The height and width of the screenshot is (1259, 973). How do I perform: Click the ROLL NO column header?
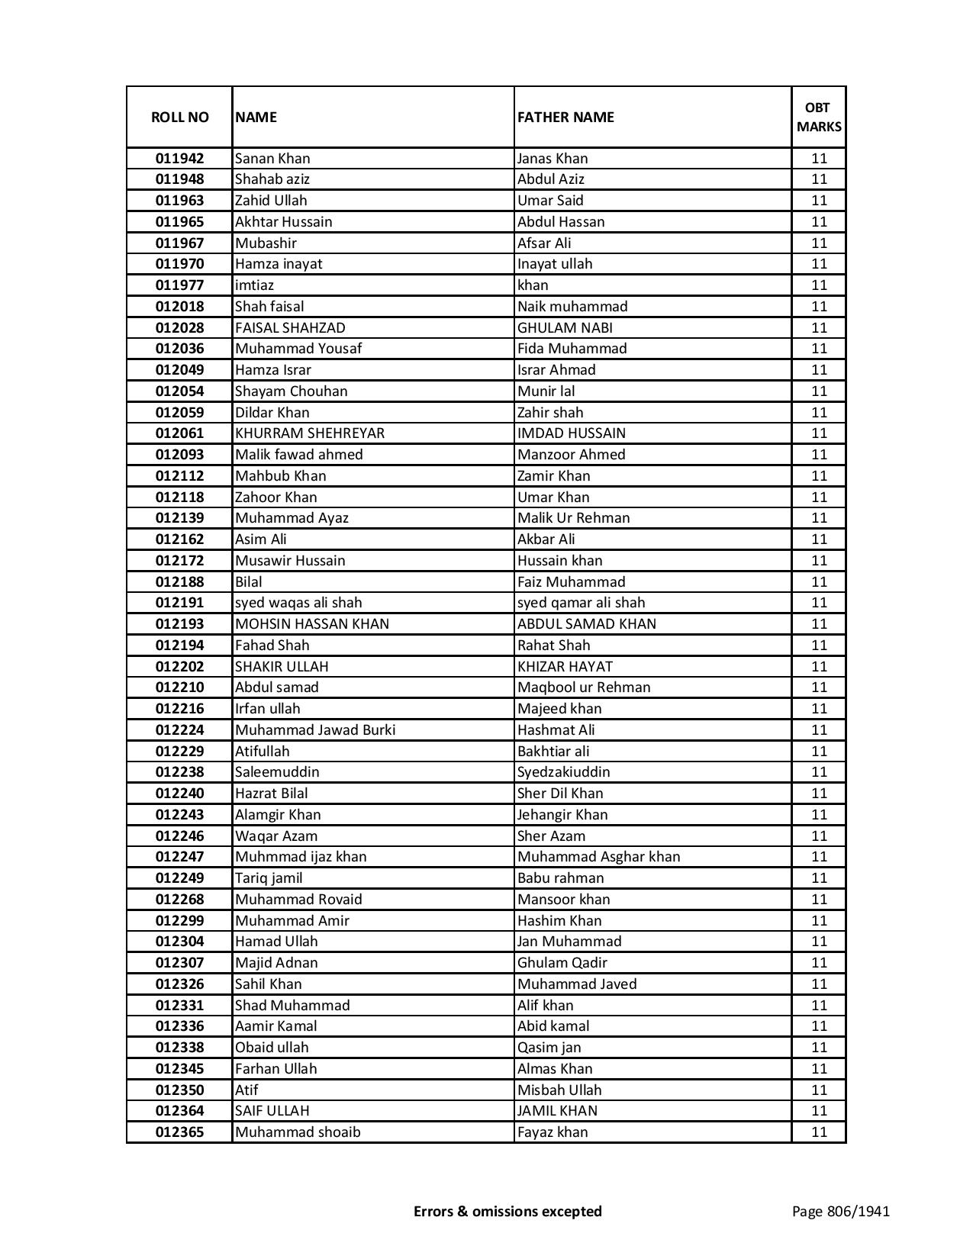(179, 117)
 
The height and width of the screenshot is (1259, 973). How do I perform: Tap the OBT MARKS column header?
(819, 117)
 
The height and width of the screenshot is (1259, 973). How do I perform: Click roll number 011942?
(179, 159)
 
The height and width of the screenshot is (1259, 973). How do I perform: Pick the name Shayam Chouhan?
(291, 391)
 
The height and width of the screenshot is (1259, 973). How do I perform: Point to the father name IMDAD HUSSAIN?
(571, 433)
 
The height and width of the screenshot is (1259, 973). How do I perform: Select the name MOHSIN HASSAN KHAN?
(311, 624)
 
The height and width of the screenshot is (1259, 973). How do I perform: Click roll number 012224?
(179, 730)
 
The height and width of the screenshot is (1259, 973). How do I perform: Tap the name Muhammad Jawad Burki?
(315, 730)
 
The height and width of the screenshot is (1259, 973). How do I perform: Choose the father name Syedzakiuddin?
(563, 772)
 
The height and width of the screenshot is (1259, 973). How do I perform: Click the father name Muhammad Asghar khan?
(598, 857)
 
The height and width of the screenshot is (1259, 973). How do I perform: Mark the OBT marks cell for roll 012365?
(819, 1132)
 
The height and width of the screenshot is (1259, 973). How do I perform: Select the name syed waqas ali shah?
(298, 603)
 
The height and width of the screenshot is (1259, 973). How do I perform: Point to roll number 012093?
(179, 455)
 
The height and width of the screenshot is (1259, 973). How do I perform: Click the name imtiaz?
(254, 285)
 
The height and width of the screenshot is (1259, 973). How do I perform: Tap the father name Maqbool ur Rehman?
(584, 687)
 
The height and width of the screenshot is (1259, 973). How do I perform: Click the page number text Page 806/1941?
(840, 1211)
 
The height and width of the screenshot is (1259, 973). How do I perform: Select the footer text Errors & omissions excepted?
(507, 1211)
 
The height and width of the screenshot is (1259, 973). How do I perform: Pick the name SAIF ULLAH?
(272, 1111)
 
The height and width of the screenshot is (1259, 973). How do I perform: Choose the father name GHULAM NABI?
(565, 328)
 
